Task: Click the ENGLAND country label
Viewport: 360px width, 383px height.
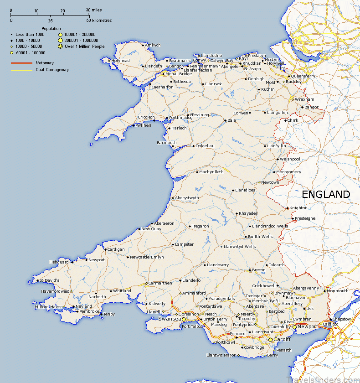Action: point(326,194)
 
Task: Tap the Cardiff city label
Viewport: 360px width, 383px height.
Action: point(283,340)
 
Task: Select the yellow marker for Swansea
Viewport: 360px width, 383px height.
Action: point(184,320)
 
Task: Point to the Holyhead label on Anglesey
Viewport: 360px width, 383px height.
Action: point(120,61)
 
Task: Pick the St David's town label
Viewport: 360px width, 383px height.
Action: point(49,280)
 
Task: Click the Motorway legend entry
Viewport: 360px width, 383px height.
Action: point(45,62)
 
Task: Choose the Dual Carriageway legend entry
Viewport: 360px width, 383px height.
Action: point(52,70)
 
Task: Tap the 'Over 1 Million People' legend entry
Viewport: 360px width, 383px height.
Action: point(84,47)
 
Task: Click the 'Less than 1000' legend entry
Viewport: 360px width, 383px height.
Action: point(30,35)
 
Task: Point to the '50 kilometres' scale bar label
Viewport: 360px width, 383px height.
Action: point(99,21)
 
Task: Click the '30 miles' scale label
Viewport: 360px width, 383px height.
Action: point(94,10)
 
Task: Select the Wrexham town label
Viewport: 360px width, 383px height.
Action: point(304,99)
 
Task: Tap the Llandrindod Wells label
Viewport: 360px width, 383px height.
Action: point(270,226)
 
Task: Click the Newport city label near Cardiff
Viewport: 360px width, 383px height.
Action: point(308,327)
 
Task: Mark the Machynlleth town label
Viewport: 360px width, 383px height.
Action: point(211,172)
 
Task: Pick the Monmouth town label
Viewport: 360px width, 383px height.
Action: point(338,291)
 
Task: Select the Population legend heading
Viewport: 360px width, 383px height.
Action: point(51,29)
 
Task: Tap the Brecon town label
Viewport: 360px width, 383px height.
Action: point(258,270)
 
